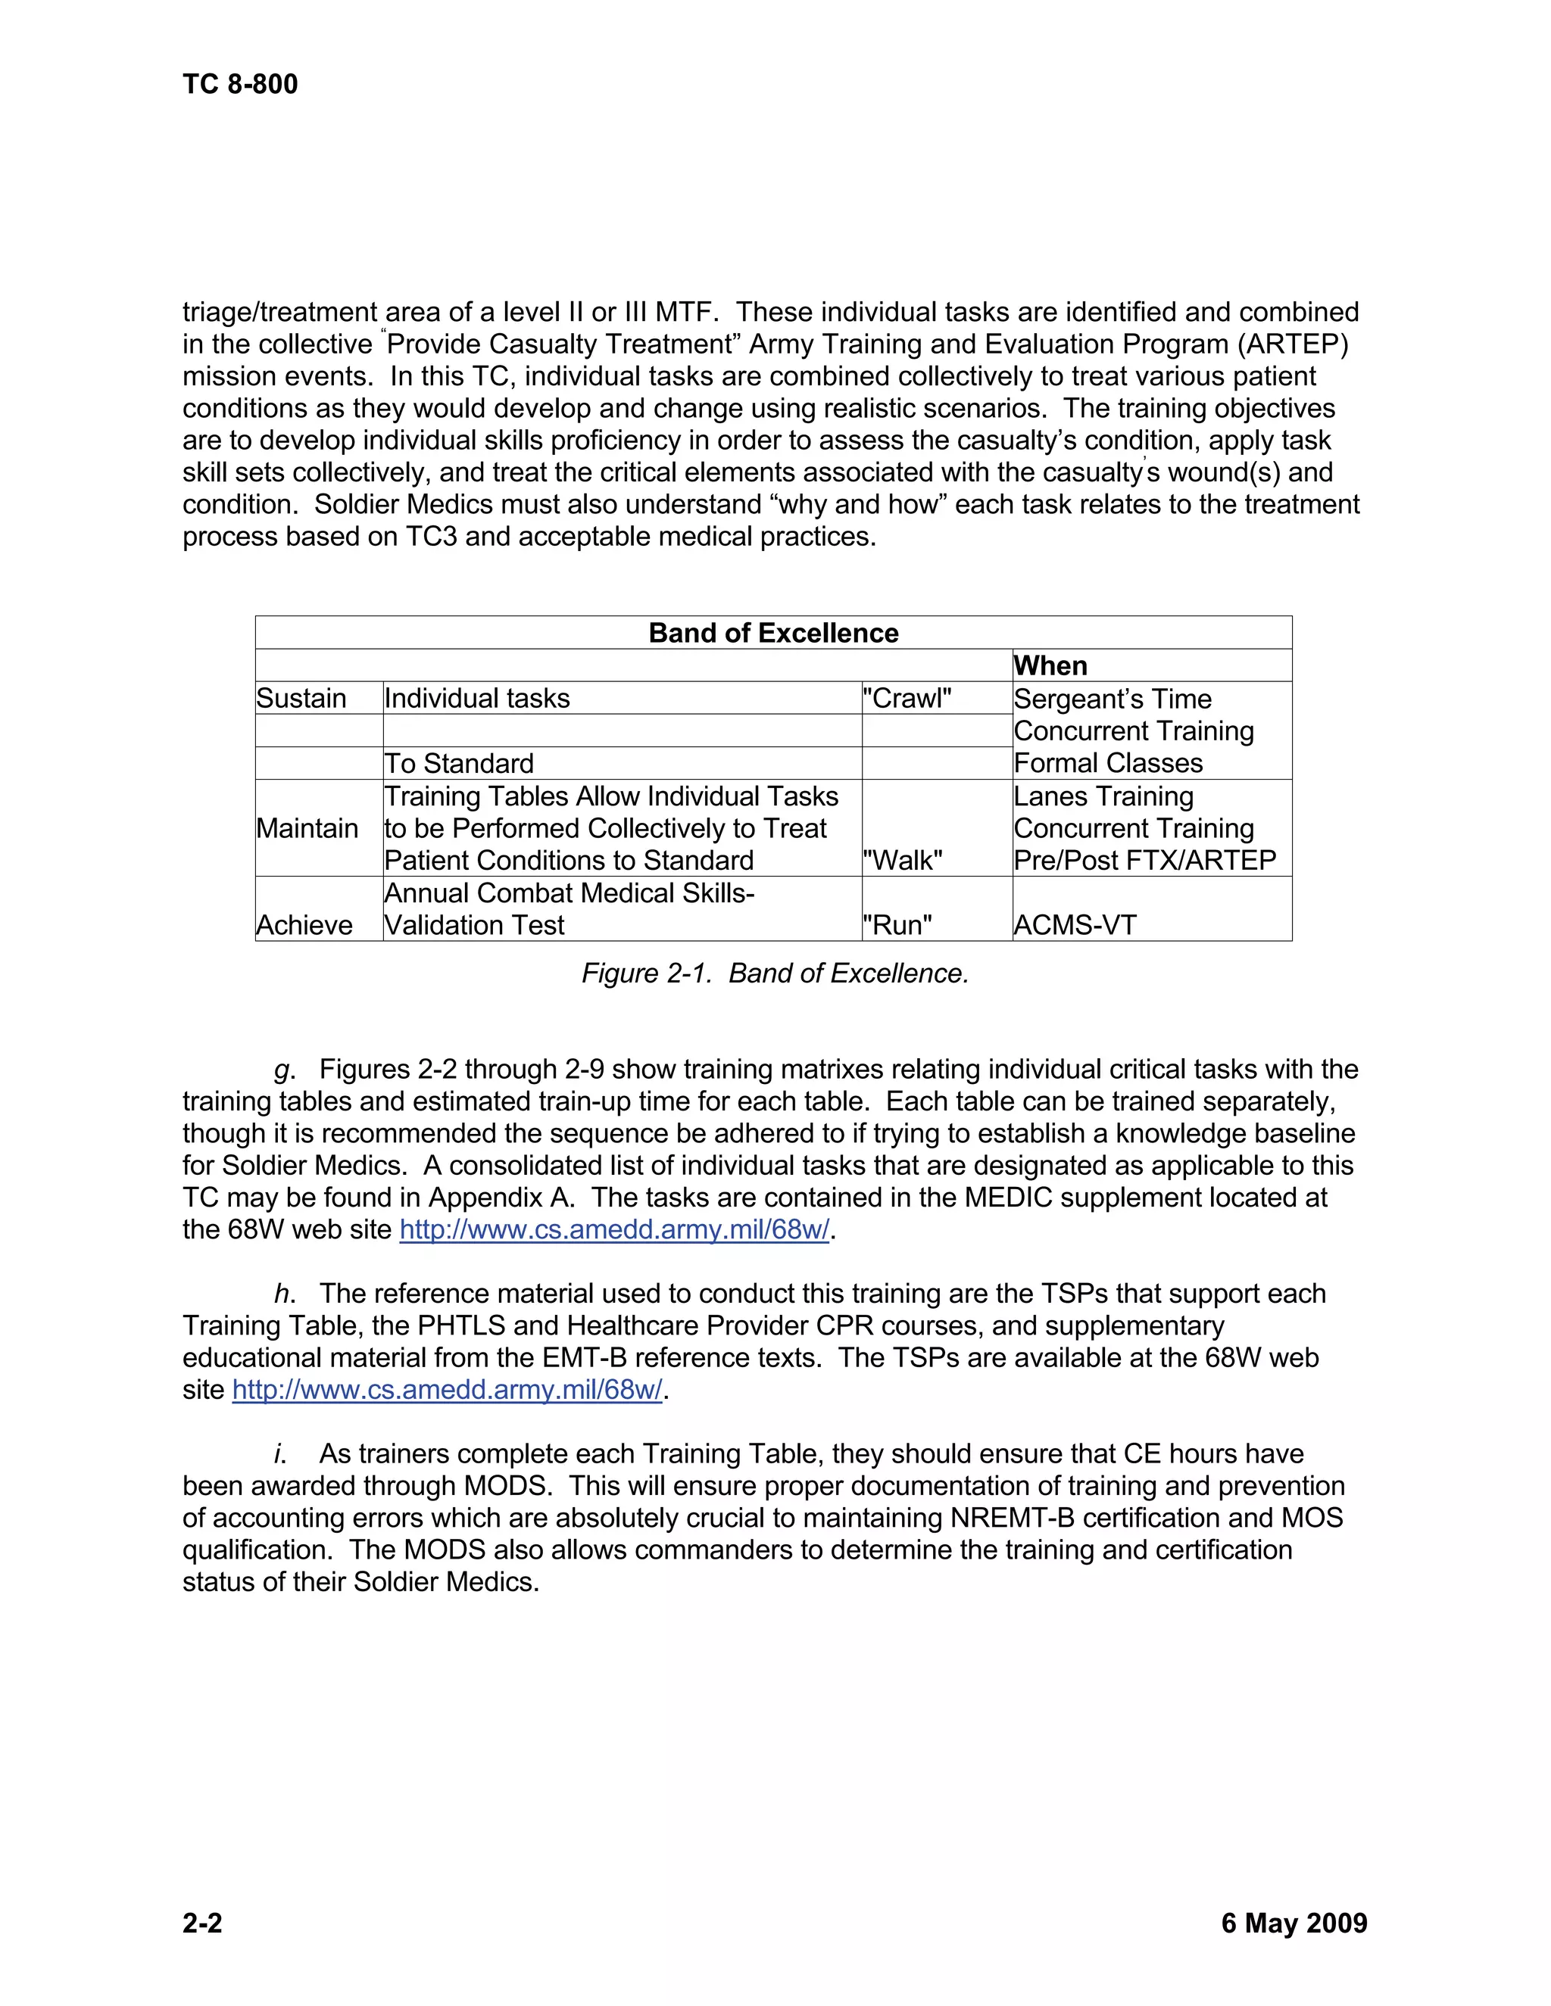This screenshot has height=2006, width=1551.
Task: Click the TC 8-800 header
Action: [240, 85]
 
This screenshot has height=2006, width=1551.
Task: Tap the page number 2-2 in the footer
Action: [202, 1923]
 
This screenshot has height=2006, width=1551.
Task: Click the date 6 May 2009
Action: [1294, 1923]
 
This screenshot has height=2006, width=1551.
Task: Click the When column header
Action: [1050, 666]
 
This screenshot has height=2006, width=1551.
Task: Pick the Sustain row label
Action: [301, 698]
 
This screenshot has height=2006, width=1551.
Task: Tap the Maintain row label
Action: [307, 828]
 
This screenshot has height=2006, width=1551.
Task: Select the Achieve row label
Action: [304, 925]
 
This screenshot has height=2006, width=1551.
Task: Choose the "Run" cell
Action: [897, 925]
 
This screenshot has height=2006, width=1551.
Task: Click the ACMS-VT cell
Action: [1075, 925]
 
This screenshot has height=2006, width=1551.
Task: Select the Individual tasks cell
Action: [477, 698]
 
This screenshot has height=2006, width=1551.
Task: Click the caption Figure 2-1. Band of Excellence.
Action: [775, 973]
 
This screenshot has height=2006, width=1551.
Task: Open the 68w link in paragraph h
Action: [447, 1390]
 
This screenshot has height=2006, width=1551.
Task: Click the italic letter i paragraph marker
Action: [279, 1454]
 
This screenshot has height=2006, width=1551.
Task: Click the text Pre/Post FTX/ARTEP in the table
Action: [1145, 861]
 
